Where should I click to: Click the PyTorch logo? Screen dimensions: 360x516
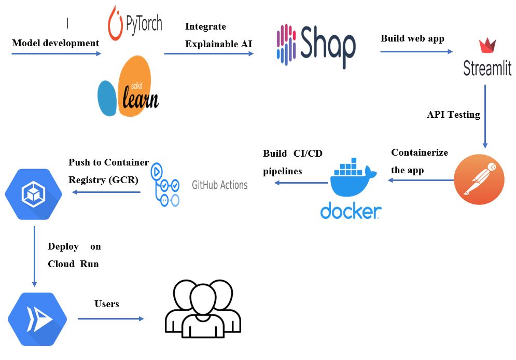[x=135, y=23]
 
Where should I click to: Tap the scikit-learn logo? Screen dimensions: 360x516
[x=128, y=86]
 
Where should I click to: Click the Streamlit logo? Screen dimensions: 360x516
[x=487, y=58]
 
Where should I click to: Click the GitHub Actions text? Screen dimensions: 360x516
[x=219, y=185]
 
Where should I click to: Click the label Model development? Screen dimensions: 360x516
[x=55, y=43]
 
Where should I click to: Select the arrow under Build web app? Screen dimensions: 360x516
[x=416, y=51]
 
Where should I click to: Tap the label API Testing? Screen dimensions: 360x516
[x=453, y=115]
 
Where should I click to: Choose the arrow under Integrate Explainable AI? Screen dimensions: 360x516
[x=209, y=53]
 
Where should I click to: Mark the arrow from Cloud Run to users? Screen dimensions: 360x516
[x=111, y=319]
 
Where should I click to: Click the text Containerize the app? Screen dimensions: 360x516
[x=419, y=161]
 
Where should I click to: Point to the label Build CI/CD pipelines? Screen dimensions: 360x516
[x=292, y=161]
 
